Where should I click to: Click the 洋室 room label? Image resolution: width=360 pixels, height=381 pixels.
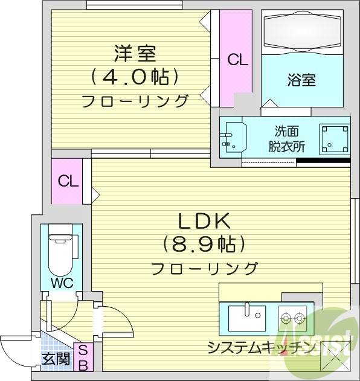tap(135, 53)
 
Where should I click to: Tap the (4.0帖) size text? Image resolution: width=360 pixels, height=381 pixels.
tap(135, 77)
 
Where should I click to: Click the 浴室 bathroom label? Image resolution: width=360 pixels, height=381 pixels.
tap(302, 78)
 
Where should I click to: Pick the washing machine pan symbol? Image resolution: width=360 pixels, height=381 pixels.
tap(335, 138)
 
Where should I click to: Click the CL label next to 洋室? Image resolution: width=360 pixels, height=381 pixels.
tap(237, 60)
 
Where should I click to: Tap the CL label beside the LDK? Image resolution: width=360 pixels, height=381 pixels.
tap(68, 181)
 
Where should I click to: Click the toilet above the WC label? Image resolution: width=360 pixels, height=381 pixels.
tap(60, 252)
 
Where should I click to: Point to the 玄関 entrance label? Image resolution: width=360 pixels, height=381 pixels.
tap(55, 359)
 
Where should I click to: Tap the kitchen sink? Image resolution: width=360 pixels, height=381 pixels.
tap(247, 316)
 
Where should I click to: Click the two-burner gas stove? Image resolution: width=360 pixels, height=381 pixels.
tap(292, 316)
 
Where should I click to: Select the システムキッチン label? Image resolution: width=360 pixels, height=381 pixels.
tap(260, 347)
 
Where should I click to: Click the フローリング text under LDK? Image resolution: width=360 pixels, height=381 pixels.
tap(205, 267)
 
